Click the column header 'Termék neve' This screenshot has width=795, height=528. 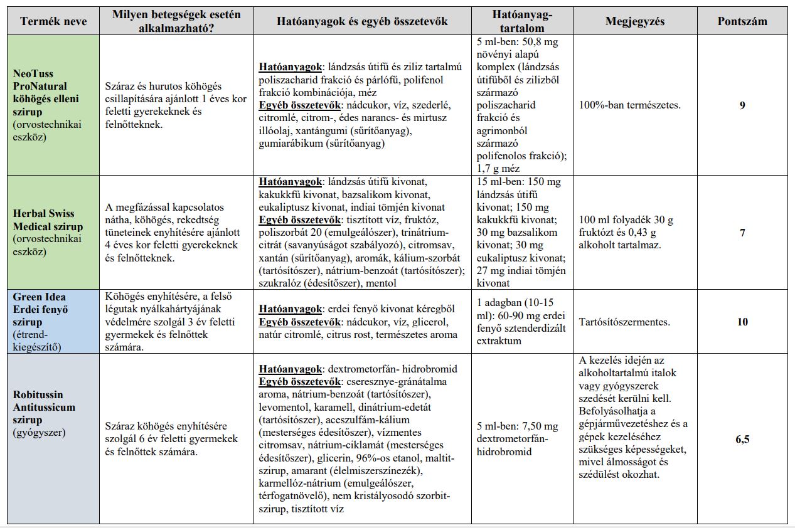pos(53,21)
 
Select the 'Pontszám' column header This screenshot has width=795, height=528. pos(742,21)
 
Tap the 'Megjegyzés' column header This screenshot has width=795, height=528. pos(634,21)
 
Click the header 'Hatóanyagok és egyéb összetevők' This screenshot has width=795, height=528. pos(362,21)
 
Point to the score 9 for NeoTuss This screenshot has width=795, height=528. pos(742,105)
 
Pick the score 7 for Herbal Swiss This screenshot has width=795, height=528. pos(742,233)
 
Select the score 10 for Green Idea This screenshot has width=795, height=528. pos(742,322)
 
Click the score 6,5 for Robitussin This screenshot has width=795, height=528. pos(742,439)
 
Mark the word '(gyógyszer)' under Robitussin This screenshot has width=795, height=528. pos(38,433)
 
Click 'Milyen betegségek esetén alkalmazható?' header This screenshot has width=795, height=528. pos(176,21)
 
